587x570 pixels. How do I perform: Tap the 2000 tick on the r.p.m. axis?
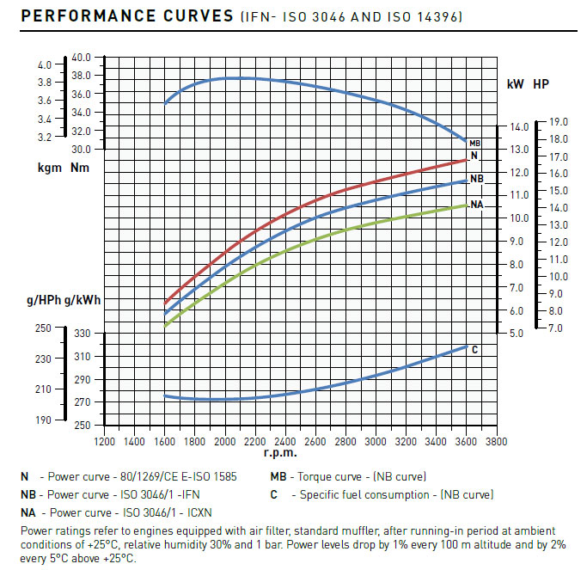224,441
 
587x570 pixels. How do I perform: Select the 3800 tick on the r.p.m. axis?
496,441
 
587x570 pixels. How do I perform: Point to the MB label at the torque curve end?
474,143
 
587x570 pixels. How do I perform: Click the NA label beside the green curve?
476,205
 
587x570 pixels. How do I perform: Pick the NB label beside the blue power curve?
476,179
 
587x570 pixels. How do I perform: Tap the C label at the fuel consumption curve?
474,350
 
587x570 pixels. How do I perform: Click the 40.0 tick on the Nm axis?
81,58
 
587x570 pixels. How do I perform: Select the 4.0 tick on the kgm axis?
45,64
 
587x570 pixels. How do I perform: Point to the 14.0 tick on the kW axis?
518,126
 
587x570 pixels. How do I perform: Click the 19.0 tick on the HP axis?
559,122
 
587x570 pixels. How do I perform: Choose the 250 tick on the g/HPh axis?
43,328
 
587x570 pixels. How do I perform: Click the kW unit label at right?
516,84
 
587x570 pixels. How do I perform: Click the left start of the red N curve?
165,303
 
